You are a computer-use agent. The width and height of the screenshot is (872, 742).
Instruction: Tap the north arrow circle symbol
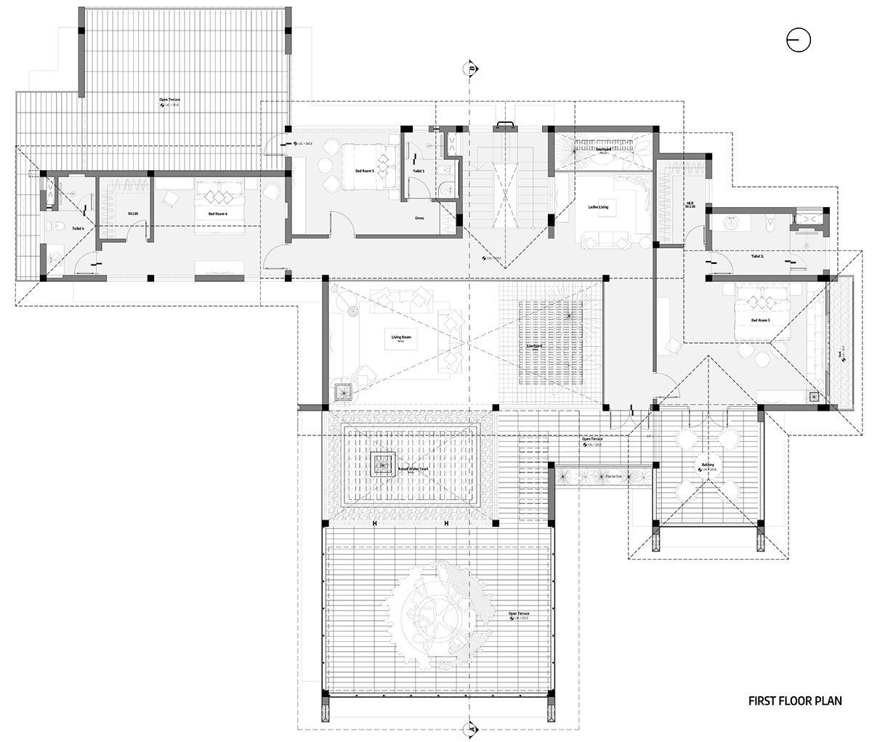tap(798, 41)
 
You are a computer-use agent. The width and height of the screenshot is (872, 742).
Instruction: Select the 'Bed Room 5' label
tap(365, 170)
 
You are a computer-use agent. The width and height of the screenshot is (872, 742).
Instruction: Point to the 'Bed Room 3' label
tap(760, 320)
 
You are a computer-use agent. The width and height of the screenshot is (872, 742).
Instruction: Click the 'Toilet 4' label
tap(78, 229)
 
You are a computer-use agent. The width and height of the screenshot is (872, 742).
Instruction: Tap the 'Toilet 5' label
tap(418, 171)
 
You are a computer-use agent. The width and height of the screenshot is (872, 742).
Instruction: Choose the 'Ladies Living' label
tap(599, 206)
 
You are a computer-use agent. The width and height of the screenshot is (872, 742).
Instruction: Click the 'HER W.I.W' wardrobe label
tap(690, 205)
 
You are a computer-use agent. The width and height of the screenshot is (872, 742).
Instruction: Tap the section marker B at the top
tap(471, 69)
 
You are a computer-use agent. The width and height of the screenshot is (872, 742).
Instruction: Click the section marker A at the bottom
tap(471, 727)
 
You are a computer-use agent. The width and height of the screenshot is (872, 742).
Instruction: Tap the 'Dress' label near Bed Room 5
tap(419, 217)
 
